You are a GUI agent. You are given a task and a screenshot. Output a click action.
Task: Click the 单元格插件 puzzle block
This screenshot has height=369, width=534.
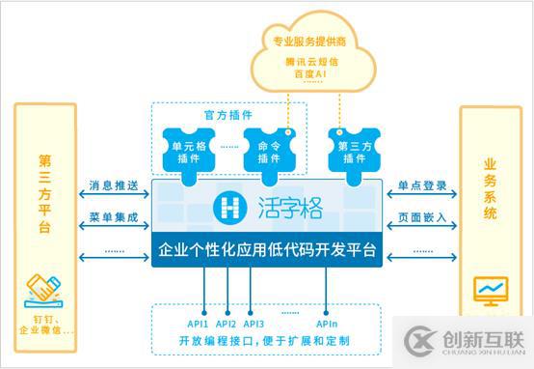click(x=191, y=151)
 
